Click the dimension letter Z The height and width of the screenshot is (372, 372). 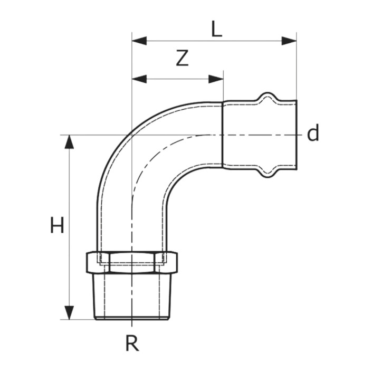point(182,58)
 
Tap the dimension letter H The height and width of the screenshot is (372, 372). point(57,225)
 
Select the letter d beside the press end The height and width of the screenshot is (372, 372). point(313,133)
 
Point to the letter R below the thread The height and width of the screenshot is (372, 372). point(132,344)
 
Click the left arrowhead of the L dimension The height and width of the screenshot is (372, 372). point(139,41)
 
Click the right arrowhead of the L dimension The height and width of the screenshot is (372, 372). point(289,41)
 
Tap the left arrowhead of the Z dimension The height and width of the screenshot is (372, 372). point(139,79)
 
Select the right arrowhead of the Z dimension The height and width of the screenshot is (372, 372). point(216,79)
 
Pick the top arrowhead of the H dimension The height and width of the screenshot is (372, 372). point(69,142)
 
